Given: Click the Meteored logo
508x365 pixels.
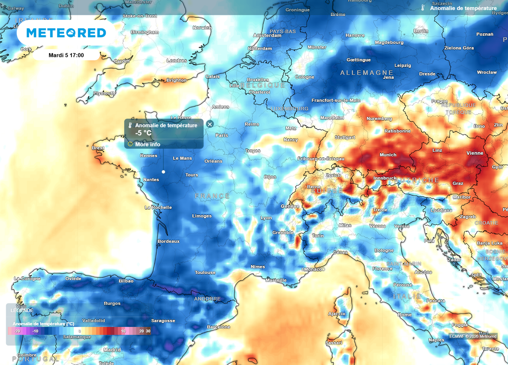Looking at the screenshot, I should (x=66, y=33).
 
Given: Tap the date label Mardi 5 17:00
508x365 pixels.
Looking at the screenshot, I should (x=66, y=55).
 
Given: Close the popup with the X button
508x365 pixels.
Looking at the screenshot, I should (x=210, y=124).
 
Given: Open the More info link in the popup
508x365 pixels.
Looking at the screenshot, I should (x=147, y=144).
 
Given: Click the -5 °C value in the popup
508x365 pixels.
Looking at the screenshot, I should (x=143, y=133).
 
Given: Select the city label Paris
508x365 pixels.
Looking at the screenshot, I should (x=221, y=135).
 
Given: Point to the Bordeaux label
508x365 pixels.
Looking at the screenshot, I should (x=168, y=241).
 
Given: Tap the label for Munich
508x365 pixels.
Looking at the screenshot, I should (x=387, y=155).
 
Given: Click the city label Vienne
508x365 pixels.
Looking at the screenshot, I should (x=475, y=153).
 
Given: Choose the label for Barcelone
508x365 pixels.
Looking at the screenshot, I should (x=218, y=327).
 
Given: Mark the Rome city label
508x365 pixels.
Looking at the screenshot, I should (x=404, y=315).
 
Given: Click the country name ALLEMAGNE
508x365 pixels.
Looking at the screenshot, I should (x=367, y=73).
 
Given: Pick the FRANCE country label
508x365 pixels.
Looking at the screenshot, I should (x=212, y=196).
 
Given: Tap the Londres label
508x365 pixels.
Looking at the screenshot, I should (x=177, y=61).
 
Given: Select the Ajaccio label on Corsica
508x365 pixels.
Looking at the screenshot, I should (x=336, y=314).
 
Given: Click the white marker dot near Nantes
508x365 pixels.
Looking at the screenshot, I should (x=163, y=172).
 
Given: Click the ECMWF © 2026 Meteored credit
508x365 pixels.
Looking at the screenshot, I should (x=472, y=336).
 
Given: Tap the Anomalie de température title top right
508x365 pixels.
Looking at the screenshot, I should (x=463, y=8).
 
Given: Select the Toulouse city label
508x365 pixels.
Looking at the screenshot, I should (x=205, y=272).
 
